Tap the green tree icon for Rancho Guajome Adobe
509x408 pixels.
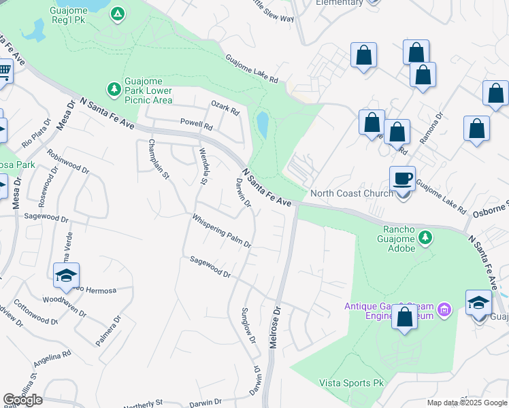click(x=426, y=237)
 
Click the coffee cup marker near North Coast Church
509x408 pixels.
click(x=402, y=179)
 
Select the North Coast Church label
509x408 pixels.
click(x=351, y=193)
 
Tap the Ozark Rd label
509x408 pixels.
click(x=225, y=107)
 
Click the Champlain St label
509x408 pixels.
click(x=159, y=161)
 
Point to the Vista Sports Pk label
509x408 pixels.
click(x=352, y=383)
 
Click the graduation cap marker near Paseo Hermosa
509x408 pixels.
click(x=67, y=275)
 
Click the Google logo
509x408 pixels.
click(x=23, y=400)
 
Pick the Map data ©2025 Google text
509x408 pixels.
click(x=467, y=403)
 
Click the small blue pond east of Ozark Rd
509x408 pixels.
click(x=262, y=124)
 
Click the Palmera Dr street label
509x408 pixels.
click(x=108, y=330)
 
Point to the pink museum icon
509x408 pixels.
click(x=446, y=311)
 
